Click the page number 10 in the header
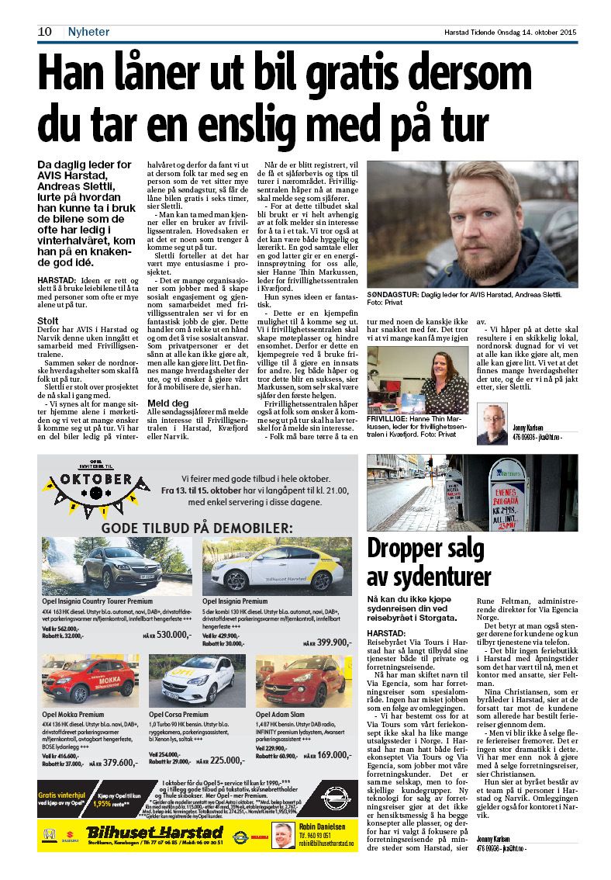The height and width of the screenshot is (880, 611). click(x=44, y=32)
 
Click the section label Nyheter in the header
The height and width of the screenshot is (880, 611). click(x=88, y=32)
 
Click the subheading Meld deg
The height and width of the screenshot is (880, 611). click(x=168, y=403)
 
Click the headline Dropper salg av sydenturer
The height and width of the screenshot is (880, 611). click(x=429, y=562)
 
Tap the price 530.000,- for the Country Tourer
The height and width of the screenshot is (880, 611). click(x=174, y=634)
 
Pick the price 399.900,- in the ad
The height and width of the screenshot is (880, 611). click(x=332, y=641)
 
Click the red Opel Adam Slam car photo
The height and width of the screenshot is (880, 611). click(x=304, y=680)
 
